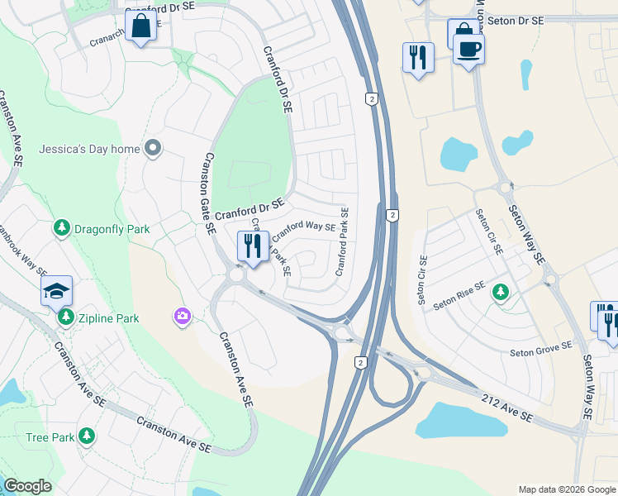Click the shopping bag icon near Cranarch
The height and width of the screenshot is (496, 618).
point(141,26)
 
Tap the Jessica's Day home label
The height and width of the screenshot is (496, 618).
point(90,149)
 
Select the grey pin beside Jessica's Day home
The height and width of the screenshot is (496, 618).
point(153,148)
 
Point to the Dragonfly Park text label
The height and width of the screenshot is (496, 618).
point(112,228)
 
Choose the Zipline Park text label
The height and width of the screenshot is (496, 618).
point(108,318)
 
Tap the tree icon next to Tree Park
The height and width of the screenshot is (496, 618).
point(86,436)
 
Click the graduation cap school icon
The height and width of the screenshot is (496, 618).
point(57,290)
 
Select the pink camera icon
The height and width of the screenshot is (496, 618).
point(182,316)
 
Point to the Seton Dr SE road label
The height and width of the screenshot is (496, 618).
point(515,20)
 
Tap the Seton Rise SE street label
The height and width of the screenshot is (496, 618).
point(458,297)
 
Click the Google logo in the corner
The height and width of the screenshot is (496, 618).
point(28,486)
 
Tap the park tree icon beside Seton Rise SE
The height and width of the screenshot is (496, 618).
point(500,292)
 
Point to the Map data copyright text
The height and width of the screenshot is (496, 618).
point(567,489)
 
